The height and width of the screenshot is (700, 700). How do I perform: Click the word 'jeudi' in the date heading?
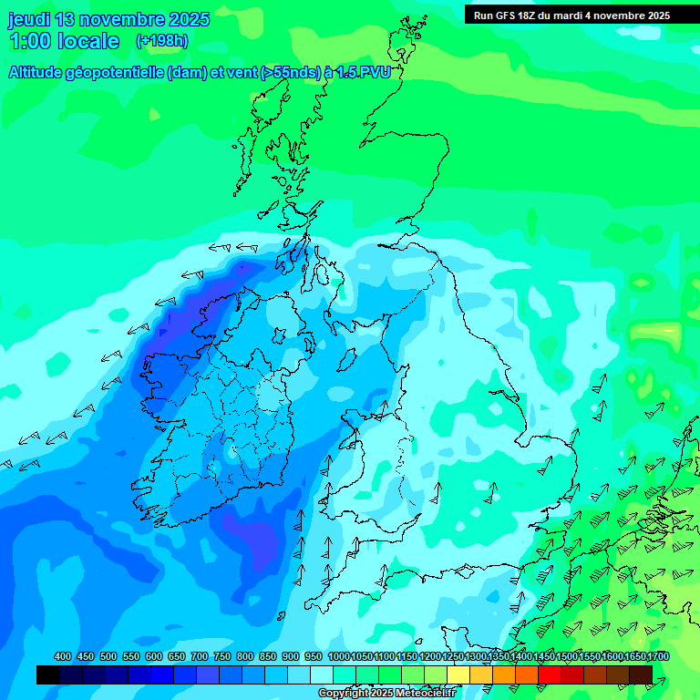(x=30, y=19)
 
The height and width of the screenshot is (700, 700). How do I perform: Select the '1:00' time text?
(x=29, y=41)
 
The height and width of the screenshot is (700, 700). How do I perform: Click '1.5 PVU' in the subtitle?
(x=364, y=73)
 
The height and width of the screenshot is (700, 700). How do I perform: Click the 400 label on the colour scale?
(x=63, y=657)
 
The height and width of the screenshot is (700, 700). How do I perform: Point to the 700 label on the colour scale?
(x=200, y=657)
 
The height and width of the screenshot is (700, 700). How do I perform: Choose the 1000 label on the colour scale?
(x=339, y=657)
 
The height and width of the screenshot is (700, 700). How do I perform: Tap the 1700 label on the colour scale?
(x=658, y=657)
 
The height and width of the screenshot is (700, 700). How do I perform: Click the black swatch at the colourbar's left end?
(x=48, y=674)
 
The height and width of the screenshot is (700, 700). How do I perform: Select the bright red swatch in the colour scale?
(x=550, y=674)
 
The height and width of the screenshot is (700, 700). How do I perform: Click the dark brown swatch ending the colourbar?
(x=641, y=674)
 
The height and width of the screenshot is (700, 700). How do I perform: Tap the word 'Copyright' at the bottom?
(x=344, y=694)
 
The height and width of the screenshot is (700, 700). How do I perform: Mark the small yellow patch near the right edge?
(x=671, y=329)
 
